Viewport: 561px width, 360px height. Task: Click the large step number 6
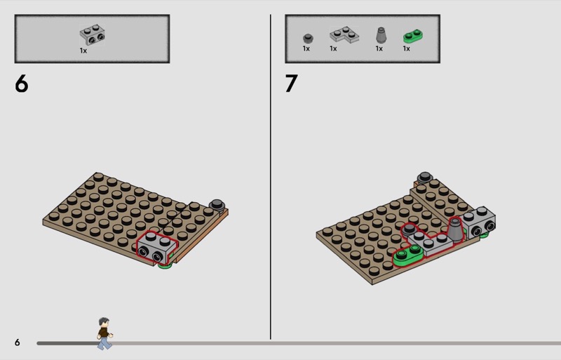point(22,84)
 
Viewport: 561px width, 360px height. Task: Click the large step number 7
point(291,84)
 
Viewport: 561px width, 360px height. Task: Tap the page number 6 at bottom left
point(17,342)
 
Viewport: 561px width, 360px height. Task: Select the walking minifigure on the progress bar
point(104,333)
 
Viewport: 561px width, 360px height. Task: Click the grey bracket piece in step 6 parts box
point(93,35)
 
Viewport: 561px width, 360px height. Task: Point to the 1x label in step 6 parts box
point(83,51)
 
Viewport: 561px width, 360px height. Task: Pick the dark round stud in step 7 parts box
point(308,38)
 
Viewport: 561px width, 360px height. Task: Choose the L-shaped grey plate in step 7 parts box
point(344,35)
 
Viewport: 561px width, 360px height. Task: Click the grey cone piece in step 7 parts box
point(381,35)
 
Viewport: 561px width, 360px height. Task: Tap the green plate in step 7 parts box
point(413,36)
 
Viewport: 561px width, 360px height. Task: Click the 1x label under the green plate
point(407,48)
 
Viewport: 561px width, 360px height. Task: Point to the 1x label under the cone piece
point(379,48)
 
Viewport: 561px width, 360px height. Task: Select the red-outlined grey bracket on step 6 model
point(157,247)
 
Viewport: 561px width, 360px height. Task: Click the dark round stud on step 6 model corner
point(217,205)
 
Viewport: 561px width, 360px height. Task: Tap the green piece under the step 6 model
point(165,265)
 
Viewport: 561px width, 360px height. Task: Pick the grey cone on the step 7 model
point(455,229)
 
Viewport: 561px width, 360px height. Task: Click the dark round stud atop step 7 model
point(425,177)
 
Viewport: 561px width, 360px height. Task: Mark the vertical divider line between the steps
point(271,177)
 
